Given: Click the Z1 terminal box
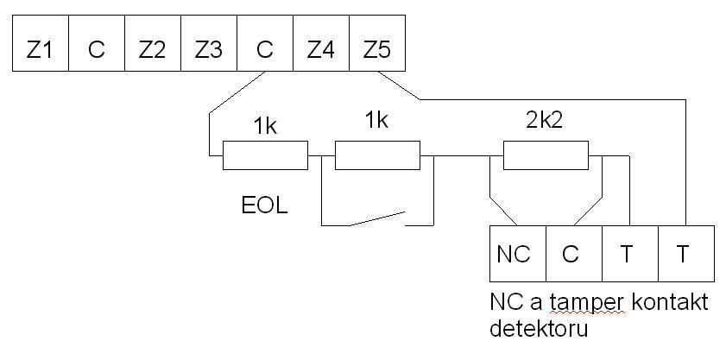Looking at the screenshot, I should point(40,49).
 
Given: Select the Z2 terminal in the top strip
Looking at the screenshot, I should point(152,49).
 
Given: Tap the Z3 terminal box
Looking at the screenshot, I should point(208,49).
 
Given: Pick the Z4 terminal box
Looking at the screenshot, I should point(320,49).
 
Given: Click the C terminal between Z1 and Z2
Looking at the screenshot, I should point(96,49).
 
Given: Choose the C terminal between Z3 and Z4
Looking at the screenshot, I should point(264,49).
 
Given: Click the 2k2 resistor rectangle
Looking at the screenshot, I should point(546,156).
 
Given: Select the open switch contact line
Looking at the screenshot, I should point(376,218).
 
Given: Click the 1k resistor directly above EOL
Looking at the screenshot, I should point(265,156).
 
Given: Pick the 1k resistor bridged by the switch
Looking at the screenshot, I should point(376,156).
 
